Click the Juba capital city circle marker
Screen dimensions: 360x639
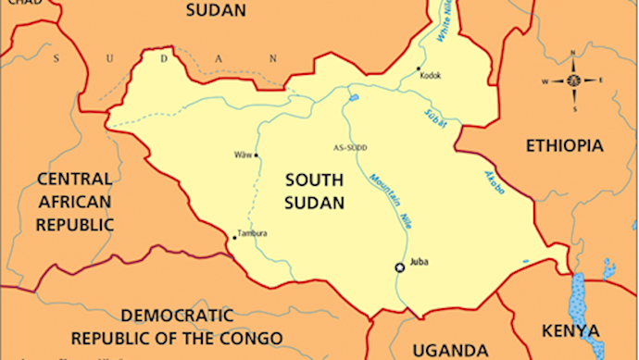click(x=400, y=267)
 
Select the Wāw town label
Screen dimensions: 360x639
click(x=243, y=155)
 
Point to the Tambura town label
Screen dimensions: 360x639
click(x=253, y=233)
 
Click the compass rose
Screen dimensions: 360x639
click(x=573, y=81)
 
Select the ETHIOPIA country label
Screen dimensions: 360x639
click(x=564, y=146)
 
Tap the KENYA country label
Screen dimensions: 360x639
click(x=570, y=330)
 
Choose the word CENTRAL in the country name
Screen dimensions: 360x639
click(x=74, y=178)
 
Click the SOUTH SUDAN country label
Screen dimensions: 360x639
click(x=314, y=190)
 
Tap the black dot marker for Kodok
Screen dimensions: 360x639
click(x=420, y=68)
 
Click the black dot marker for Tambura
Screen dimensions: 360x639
click(x=234, y=237)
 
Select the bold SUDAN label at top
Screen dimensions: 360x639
click(x=216, y=11)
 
